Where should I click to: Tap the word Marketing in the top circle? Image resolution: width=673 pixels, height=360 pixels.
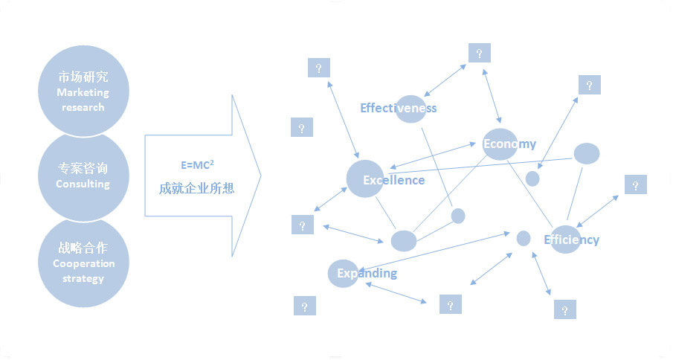(x=83, y=93)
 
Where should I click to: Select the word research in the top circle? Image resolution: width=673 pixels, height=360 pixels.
(x=83, y=107)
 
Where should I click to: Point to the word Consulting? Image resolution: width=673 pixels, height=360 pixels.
(x=83, y=184)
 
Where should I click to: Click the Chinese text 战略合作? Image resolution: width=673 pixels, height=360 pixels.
(x=83, y=248)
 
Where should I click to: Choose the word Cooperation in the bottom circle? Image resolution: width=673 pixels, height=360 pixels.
(x=84, y=264)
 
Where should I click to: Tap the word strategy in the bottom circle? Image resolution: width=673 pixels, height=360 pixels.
(x=83, y=279)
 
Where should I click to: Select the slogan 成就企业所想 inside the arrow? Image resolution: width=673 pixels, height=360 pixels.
(x=196, y=189)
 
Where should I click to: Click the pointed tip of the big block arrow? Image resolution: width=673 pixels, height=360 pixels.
(x=261, y=177)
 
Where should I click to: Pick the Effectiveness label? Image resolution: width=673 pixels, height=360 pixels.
(x=398, y=109)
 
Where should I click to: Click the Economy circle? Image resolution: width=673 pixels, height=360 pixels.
(x=499, y=144)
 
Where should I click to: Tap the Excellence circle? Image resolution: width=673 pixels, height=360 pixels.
(x=364, y=179)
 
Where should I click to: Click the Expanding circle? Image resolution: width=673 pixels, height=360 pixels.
(x=343, y=274)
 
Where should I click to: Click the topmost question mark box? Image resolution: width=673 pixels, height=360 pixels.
(x=480, y=54)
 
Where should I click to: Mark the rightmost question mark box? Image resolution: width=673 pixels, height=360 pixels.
(x=636, y=185)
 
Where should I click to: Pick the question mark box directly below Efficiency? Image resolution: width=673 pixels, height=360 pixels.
(x=565, y=309)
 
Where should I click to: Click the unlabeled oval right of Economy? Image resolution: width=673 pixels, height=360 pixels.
(x=587, y=154)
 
